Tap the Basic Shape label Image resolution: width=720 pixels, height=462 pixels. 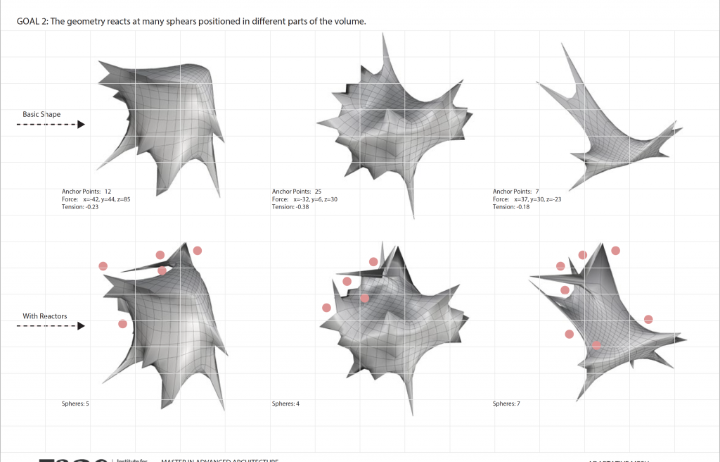[x=41, y=114]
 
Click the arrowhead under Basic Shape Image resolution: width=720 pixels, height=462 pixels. [x=82, y=125]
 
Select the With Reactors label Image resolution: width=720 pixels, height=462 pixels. [x=45, y=316]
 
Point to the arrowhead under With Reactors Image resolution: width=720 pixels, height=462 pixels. [x=82, y=326]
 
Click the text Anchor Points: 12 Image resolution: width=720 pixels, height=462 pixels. [x=86, y=192]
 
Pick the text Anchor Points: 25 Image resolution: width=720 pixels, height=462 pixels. [x=296, y=192]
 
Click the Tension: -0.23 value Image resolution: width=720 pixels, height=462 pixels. [x=80, y=207]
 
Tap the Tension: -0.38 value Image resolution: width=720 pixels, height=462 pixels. [x=290, y=207]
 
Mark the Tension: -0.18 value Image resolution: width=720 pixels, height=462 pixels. [x=511, y=207]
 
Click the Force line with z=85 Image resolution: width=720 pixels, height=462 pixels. [x=96, y=199]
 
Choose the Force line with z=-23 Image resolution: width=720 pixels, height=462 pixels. [x=527, y=199]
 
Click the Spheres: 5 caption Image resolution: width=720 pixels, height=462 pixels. [x=75, y=404]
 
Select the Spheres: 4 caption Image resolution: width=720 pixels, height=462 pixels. [x=285, y=404]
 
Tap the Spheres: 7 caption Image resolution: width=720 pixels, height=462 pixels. [x=506, y=404]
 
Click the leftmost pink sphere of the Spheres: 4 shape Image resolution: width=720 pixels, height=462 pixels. [x=326, y=308]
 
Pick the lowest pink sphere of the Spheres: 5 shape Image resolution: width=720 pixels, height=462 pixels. [x=123, y=324]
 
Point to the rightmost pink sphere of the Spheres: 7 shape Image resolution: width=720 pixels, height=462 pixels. [x=648, y=320]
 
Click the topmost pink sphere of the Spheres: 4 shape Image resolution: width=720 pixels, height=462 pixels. [x=373, y=262]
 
